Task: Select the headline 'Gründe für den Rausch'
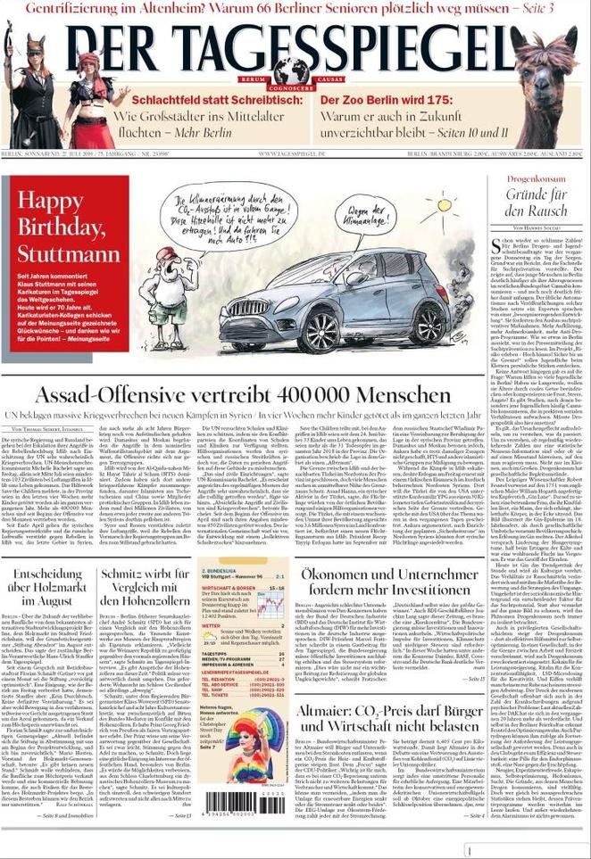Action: coord(537,202)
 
